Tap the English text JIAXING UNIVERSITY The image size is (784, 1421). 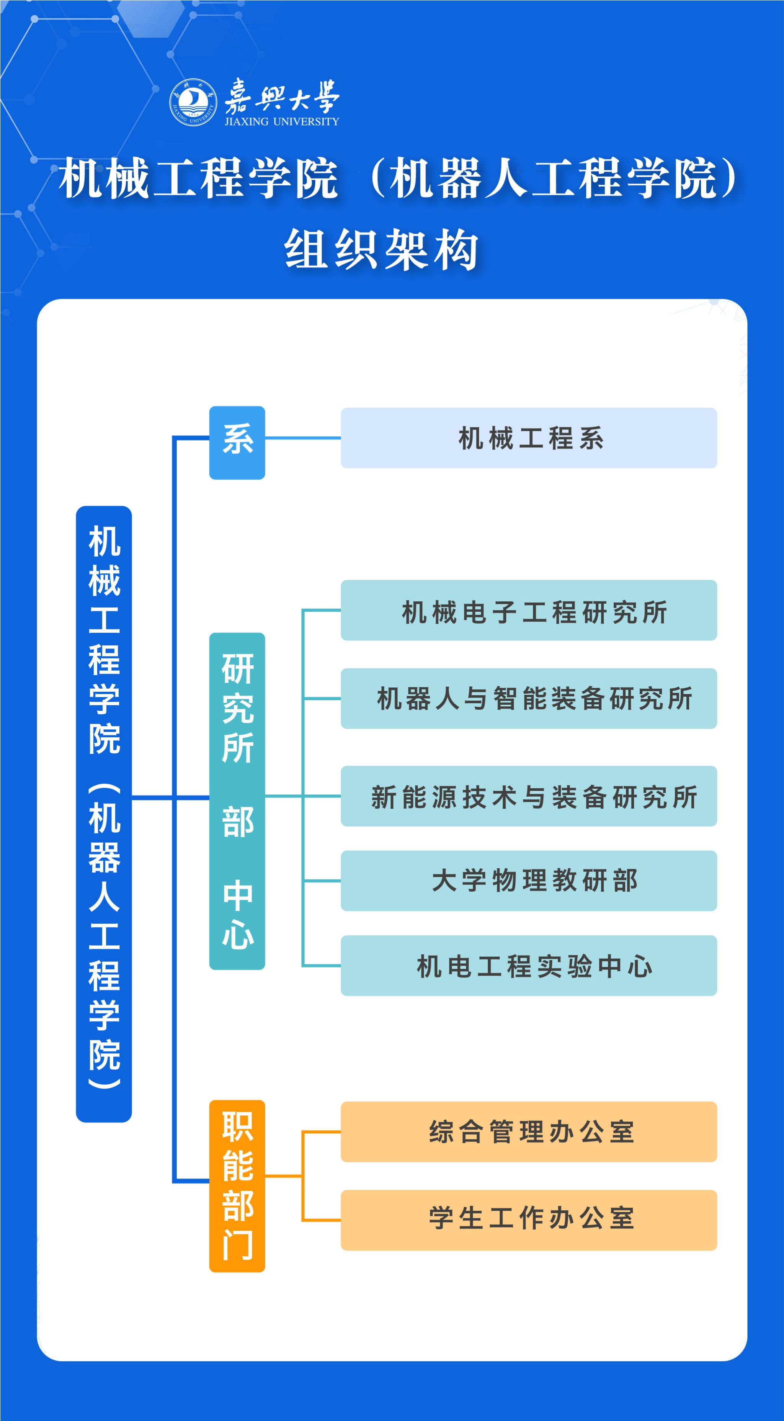[x=282, y=121]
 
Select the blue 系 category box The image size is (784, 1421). [x=237, y=442]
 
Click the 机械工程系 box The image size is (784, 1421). [x=529, y=438]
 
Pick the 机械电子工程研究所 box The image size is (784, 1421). [x=529, y=610]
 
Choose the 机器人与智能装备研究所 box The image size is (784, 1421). [x=529, y=698]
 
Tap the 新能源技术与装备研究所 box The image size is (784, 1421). [x=529, y=796]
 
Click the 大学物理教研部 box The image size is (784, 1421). [x=529, y=881]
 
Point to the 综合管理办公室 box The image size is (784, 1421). [x=529, y=1132]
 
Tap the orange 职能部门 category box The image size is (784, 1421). [x=237, y=1186]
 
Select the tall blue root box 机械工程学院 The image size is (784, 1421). [x=104, y=814]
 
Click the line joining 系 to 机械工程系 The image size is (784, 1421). [x=303, y=438]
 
